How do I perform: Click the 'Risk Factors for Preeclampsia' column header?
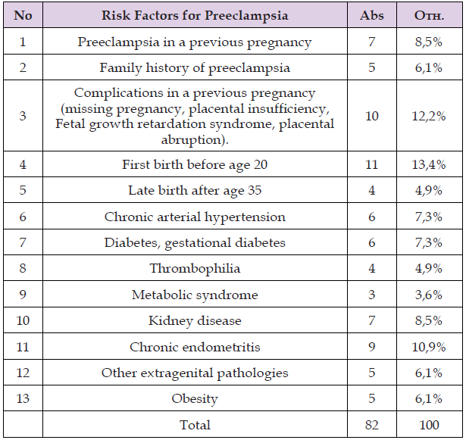195,16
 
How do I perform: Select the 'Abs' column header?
371,16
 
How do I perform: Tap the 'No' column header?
23,16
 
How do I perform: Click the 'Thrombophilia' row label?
195,269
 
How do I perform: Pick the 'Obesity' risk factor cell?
195,399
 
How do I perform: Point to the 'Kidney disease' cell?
195,321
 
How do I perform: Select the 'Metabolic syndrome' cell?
195,295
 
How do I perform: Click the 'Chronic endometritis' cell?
195,347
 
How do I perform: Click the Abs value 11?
371,164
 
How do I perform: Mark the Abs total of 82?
371,425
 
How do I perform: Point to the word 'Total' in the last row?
195,425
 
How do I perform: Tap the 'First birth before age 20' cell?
195,164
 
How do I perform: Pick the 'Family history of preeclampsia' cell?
195,68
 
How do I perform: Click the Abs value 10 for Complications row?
371,117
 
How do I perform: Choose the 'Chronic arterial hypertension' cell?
195,217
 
